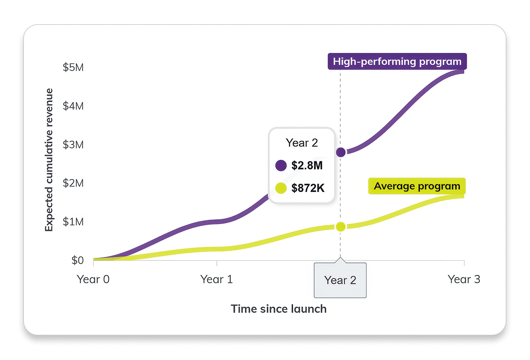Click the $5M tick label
click(73, 67)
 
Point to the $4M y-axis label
click(73, 106)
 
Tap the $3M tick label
click(73, 145)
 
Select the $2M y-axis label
click(73, 183)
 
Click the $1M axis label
click(73, 222)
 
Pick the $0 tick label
click(77, 261)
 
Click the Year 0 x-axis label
click(93, 280)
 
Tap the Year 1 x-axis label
click(217, 280)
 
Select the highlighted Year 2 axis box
click(340, 280)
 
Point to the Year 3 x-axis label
click(464, 280)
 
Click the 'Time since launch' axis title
click(279, 309)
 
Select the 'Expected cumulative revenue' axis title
click(49, 159)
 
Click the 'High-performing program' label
click(397, 62)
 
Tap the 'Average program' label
click(417, 186)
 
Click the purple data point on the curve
click(341, 152)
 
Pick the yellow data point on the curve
click(341, 227)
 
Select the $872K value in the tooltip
click(308, 188)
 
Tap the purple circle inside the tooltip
click(281, 166)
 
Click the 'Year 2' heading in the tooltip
click(301, 143)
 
